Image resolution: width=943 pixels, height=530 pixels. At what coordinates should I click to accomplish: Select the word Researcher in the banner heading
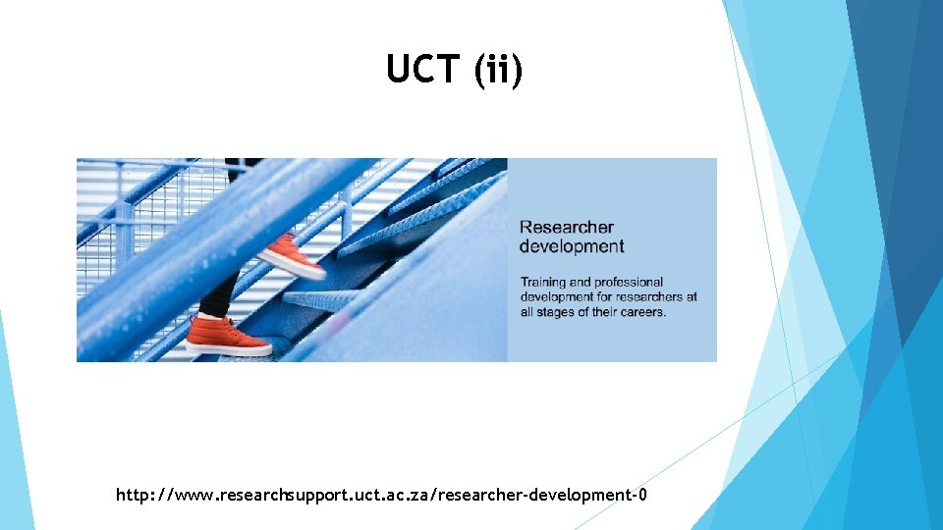click(567, 228)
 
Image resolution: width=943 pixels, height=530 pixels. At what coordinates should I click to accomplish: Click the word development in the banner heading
click(572, 246)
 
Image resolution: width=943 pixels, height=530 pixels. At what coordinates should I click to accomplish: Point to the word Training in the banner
click(543, 283)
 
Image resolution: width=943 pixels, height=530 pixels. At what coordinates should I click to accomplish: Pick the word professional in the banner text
click(629, 283)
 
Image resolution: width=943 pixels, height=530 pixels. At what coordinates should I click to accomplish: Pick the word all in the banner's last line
click(527, 312)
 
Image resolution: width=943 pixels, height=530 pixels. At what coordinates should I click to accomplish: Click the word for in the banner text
click(604, 297)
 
